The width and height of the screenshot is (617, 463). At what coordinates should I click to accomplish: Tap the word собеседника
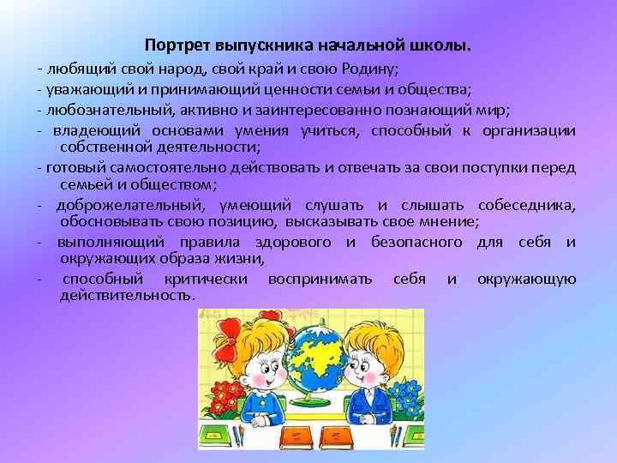click(530, 205)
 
